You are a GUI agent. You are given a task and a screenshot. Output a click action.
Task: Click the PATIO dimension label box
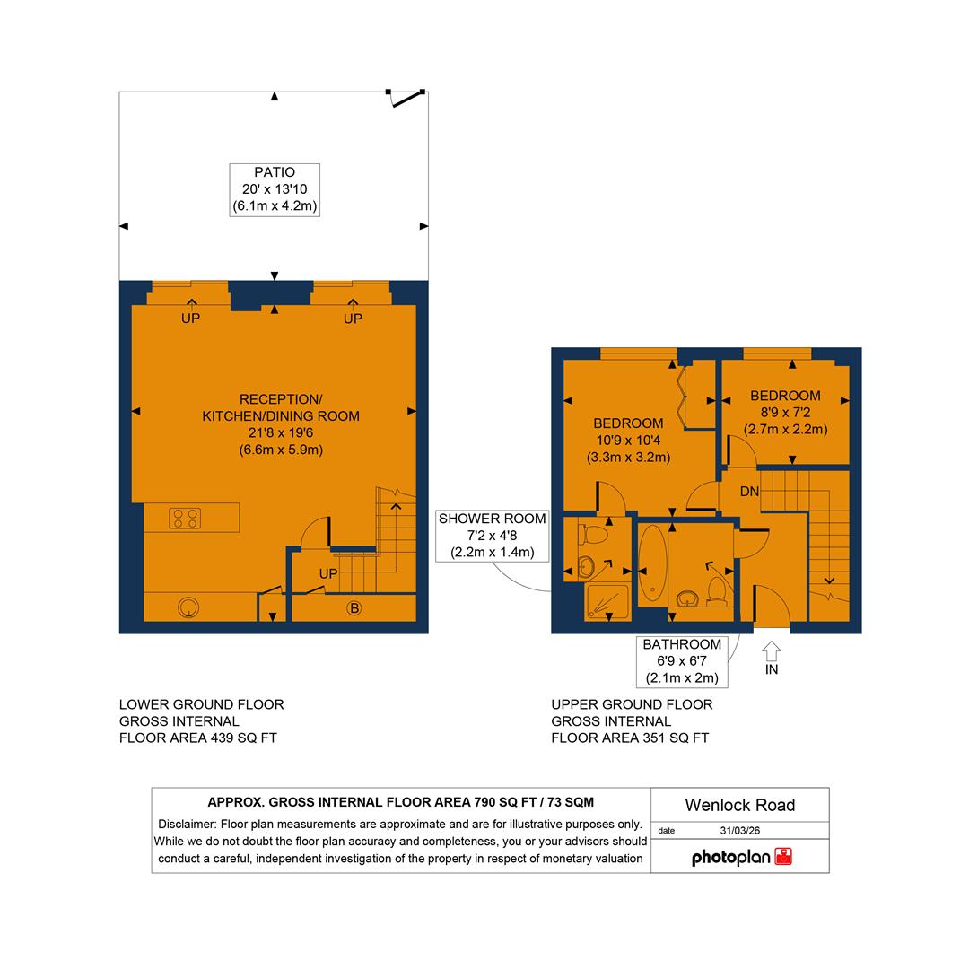(275, 189)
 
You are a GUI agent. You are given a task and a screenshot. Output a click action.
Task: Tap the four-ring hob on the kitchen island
(186, 518)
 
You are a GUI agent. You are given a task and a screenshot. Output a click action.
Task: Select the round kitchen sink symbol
(188, 608)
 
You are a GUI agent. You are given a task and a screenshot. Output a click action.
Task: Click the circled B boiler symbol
(354, 608)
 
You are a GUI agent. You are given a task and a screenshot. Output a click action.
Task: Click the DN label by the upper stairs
(749, 492)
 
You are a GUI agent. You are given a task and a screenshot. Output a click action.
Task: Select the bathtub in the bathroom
(652, 565)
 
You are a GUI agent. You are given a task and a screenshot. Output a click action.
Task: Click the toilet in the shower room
(594, 535)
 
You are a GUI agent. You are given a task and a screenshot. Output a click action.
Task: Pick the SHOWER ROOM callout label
(492, 536)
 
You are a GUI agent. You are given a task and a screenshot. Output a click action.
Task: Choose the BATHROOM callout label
(682, 661)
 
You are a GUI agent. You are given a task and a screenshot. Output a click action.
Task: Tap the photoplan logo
(741, 857)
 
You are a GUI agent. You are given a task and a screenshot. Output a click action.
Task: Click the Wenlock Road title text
(739, 805)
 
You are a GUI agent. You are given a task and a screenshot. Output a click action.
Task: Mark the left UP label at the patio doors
(190, 319)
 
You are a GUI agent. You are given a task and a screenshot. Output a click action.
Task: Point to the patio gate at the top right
(407, 98)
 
